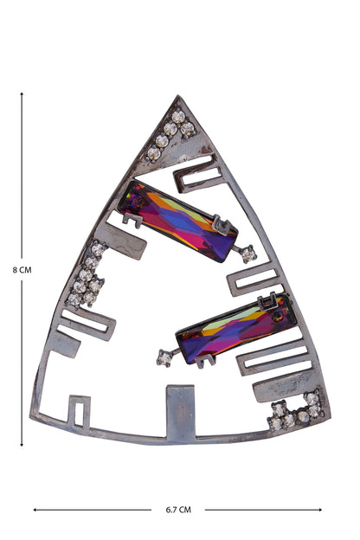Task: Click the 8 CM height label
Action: point(22,270)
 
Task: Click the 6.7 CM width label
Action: point(178,510)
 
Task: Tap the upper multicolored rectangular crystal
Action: point(177,221)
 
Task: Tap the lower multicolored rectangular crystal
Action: point(236,329)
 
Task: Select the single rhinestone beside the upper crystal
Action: point(248,254)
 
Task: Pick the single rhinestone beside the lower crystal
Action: point(164,358)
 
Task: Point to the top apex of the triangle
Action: point(177,95)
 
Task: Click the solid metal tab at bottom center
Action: point(180,414)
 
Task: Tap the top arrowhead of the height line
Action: point(22,94)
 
